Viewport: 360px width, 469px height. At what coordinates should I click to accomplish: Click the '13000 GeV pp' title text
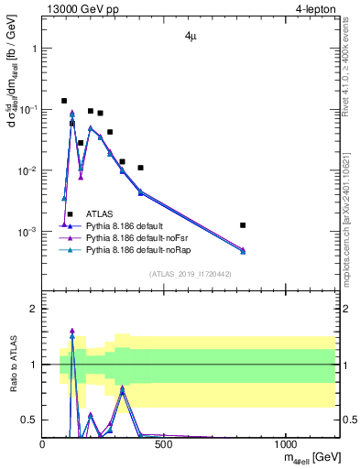pyautogui.click(x=82, y=8)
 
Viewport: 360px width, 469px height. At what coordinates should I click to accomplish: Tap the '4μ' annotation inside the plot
pyautogui.click(x=188, y=39)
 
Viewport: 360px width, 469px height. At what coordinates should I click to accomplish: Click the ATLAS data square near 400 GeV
pyautogui.click(x=140, y=168)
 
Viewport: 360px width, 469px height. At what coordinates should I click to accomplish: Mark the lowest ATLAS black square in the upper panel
pyautogui.click(x=70, y=214)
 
